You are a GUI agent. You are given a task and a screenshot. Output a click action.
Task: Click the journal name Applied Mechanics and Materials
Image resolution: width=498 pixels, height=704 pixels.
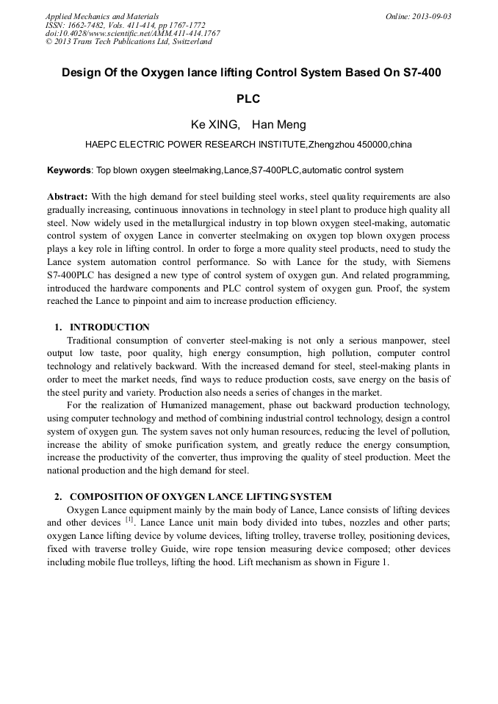(102, 16)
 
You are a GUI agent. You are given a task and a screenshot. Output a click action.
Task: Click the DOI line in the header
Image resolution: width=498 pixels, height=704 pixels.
(132, 33)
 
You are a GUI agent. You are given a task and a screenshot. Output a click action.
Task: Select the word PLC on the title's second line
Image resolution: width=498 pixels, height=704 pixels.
(248, 98)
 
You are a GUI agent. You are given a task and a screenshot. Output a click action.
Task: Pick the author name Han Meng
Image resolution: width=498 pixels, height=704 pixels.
(279, 125)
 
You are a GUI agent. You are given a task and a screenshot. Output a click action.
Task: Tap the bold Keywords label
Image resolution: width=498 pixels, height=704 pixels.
(69, 170)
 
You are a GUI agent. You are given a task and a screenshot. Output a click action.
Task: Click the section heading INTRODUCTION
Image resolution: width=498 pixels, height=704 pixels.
(109, 327)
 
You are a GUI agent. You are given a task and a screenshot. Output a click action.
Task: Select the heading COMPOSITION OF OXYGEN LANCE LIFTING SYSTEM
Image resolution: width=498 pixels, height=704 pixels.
(201, 496)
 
